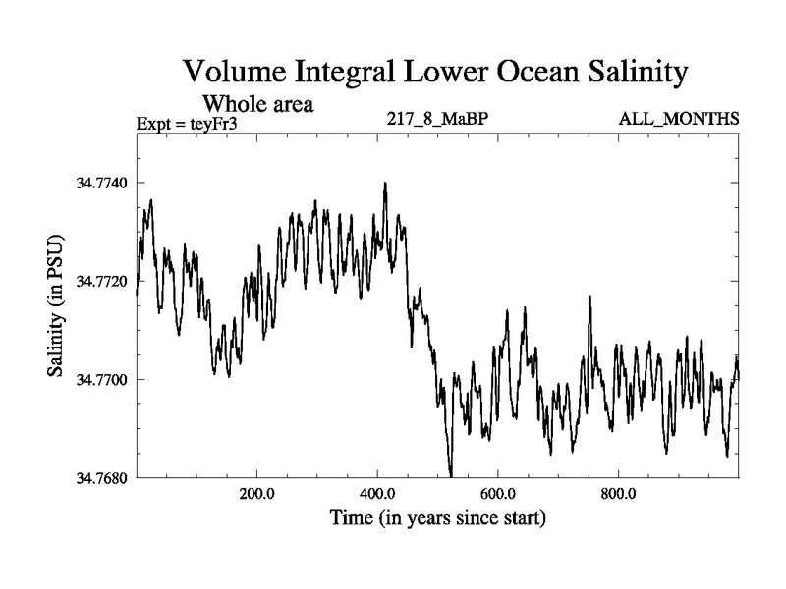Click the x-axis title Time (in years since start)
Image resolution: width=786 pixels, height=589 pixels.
[x=437, y=517]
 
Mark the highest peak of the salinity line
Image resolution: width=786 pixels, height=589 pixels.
[x=385, y=183]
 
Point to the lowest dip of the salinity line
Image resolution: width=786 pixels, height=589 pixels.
[x=451, y=475]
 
